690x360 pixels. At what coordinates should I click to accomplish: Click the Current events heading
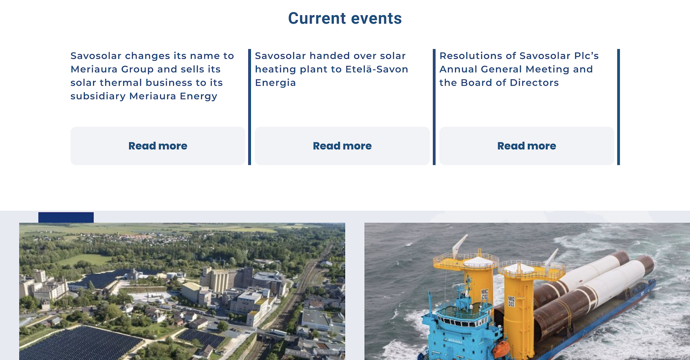[345, 19]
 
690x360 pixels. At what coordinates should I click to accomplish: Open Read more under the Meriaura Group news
[158, 146]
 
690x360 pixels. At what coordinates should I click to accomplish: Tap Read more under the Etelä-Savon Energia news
[342, 146]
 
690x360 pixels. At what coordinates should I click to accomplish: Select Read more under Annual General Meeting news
[527, 146]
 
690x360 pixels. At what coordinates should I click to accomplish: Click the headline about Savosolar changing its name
[152, 76]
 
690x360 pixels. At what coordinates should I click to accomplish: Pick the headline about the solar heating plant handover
[331, 69]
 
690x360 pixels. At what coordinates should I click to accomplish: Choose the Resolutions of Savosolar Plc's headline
[519, 69]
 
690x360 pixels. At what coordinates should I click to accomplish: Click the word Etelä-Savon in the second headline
[377, 69]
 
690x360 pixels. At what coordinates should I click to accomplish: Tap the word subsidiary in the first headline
[98, 96]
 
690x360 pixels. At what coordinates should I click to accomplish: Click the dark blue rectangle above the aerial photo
[66, 217]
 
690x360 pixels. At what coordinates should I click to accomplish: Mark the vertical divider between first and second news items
[249, 107]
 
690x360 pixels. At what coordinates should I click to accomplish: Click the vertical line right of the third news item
[619, 107]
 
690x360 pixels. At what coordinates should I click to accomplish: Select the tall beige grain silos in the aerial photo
[219, 281]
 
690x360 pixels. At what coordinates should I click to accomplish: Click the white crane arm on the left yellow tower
[459, 246]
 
